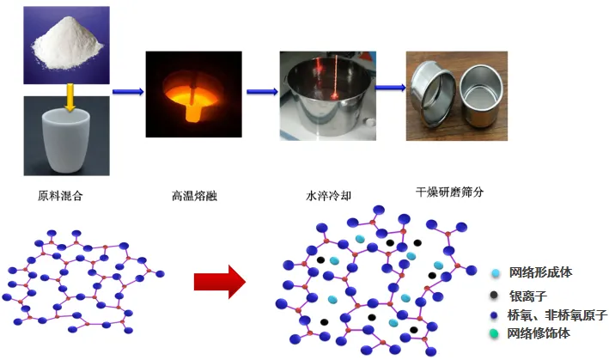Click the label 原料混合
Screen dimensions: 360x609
point(61,196)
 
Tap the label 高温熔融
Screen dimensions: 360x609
point(194,196)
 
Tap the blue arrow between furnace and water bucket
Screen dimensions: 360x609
point(261,92)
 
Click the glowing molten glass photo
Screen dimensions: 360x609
point(193,92)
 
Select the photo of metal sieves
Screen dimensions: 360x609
point(456,95)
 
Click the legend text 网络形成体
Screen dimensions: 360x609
point(540,272)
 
